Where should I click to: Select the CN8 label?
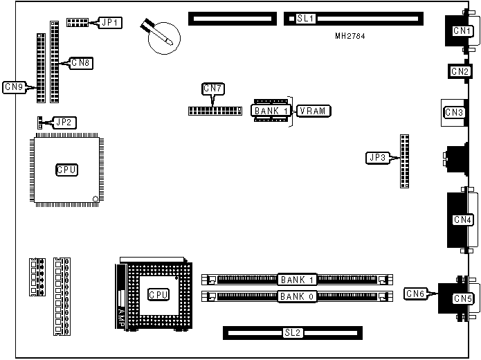click(82, 63)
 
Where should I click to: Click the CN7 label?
click(212, 89)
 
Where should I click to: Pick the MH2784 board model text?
click(351, 36)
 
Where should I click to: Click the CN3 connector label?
click(455, 112)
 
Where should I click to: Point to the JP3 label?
click(378, 158)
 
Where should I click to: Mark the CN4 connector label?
click(462, 220)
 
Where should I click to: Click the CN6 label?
click(417, 294)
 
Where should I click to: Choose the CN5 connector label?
click(462, 299)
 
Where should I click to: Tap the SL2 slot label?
click(293, 333)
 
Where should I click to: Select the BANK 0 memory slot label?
click(298, 297)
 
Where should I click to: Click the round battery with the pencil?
click(165, 35)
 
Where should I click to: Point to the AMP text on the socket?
click(121, 318)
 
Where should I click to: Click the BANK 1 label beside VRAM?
click(271, 111)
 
